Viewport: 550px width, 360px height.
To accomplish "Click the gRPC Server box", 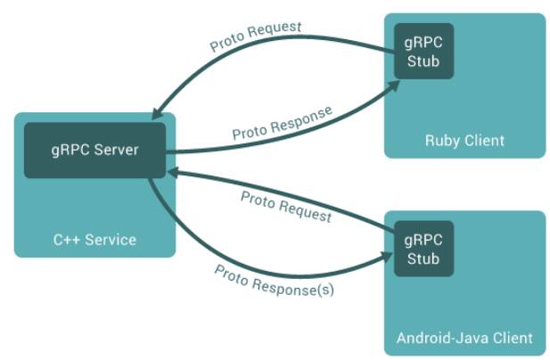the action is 94,150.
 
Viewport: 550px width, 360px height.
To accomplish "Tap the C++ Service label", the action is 94,240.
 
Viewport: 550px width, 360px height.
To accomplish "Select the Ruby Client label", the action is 464,141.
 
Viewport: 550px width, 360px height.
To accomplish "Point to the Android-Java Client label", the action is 464,339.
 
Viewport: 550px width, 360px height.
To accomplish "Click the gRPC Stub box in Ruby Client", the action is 423,51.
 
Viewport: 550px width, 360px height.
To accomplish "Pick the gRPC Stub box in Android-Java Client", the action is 423,249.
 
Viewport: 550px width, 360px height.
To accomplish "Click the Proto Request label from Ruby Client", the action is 256,36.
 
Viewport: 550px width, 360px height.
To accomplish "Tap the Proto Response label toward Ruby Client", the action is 283,123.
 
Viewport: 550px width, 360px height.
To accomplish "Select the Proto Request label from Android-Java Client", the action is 286,207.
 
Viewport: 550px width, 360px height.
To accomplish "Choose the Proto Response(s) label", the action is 275,281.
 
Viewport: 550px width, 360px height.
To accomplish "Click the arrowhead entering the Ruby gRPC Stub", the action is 394,86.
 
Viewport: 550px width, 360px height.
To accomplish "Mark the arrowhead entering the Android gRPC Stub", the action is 387,257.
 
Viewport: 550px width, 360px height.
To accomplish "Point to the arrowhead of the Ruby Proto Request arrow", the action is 157,114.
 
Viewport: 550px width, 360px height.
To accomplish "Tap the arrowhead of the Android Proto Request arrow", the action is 172,172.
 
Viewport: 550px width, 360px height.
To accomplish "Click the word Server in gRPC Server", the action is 116,150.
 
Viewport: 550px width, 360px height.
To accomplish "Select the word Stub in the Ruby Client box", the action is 423,61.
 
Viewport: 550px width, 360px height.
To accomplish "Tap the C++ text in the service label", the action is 67,240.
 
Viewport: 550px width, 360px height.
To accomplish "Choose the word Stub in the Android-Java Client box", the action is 423,258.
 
